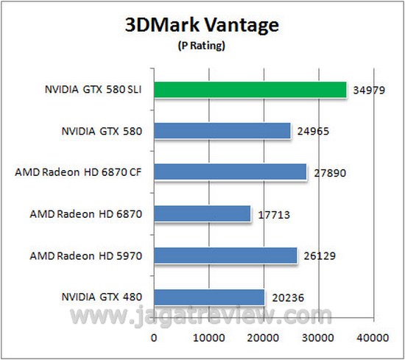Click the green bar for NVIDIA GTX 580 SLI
[250, 90]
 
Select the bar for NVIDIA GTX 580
[222, 131]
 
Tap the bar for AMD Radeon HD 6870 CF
[230, 172]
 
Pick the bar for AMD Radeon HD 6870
[202, 214]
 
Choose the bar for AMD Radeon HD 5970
[225, 255]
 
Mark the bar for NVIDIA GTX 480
[209, 297]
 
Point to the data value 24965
[314, 133]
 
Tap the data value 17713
[274, 216]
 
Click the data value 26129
[320, 257]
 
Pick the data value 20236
[286, 299]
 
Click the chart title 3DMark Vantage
[202, 26]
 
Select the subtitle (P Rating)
[202, 46]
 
